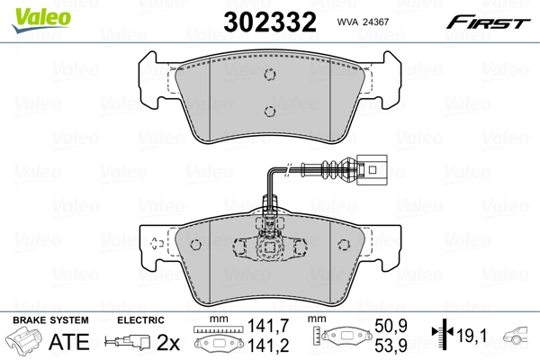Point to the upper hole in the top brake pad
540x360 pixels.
pyautogui.click(x=269, y=76)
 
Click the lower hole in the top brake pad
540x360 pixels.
pyautogui.click(x=269, y=112)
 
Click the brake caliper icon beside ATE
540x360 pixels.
pyautogui.click(x=24, y=342)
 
